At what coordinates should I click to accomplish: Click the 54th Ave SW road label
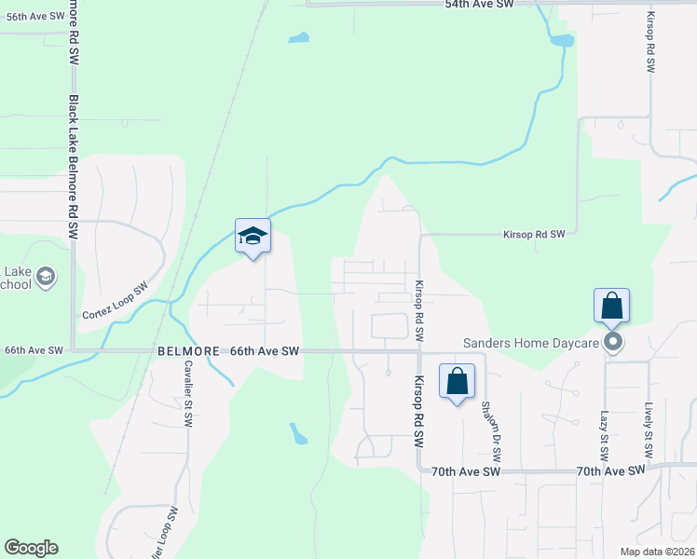tap(479, 5)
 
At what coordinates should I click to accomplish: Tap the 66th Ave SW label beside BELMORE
tap(265, 351)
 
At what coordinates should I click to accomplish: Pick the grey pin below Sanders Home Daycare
tap(613, 343)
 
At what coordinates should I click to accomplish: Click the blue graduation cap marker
tap(253, 237)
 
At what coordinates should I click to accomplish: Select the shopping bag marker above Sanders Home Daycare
tap(612, 306)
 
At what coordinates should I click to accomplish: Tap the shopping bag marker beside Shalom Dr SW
tap(457, 382)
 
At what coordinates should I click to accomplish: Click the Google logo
tap(31, 548)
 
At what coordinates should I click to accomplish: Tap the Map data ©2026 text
tap(657, 552)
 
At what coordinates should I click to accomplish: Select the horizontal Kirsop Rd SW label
tap(534, 235)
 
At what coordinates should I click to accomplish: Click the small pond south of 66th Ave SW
tap(298, 433)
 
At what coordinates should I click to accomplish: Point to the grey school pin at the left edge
tap(46, 277)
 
